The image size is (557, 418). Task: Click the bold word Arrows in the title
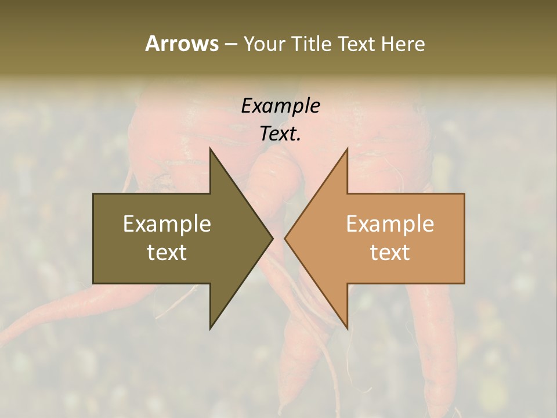181,44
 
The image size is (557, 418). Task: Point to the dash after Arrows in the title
230,44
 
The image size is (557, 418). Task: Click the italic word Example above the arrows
280,106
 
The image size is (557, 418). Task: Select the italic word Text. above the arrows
280,134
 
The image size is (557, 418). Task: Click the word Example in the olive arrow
167,224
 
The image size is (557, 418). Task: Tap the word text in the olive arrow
167,253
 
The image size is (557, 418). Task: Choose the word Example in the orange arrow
390,224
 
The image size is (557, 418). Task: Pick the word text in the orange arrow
390,253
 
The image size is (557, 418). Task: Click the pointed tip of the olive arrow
273,239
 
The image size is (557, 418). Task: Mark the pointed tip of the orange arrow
285,239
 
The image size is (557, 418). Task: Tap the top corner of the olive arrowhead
210,149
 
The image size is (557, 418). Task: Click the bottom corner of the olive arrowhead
210,329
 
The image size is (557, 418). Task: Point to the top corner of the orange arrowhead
348,149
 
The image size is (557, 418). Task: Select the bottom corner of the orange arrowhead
348,329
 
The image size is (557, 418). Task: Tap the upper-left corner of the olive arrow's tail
93,194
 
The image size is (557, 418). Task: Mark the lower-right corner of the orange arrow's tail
464,283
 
